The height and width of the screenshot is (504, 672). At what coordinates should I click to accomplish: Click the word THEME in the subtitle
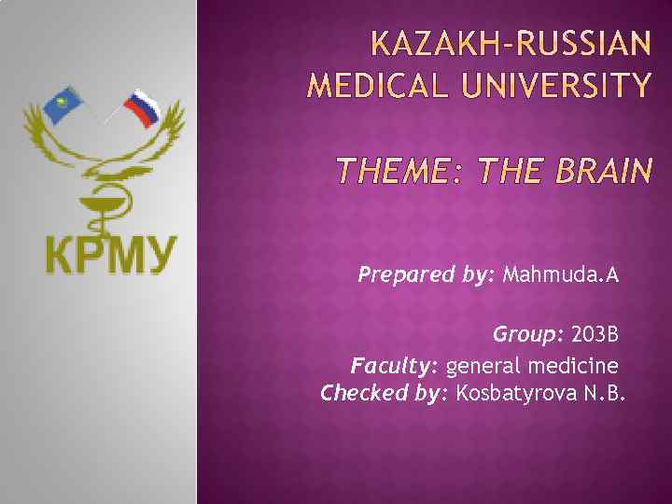(x=392, y=172)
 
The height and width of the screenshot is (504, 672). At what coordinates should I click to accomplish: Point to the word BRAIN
(x=604, y=172)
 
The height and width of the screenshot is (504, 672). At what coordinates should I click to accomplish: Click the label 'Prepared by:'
(x=427, y=275)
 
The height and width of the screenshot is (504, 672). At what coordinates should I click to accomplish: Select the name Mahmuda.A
(x=561, y=275)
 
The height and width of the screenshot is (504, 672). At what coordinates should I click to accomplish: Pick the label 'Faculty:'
(x=395, y=364)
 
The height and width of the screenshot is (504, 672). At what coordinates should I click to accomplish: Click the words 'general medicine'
(x=532, y=364)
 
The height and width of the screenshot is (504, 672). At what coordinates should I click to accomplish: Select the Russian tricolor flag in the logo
(x=140, y=108)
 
